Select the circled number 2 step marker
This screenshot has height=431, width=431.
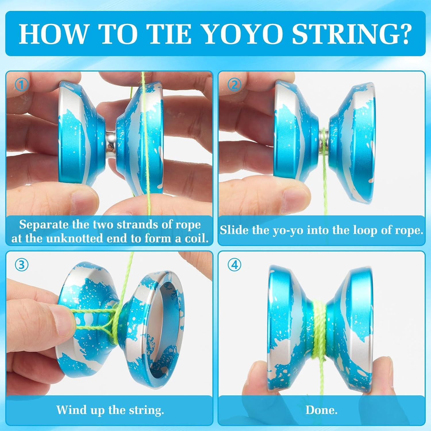point(234,85)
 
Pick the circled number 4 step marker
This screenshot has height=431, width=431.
point(234,265)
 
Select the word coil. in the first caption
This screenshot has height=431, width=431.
point(196,238)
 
